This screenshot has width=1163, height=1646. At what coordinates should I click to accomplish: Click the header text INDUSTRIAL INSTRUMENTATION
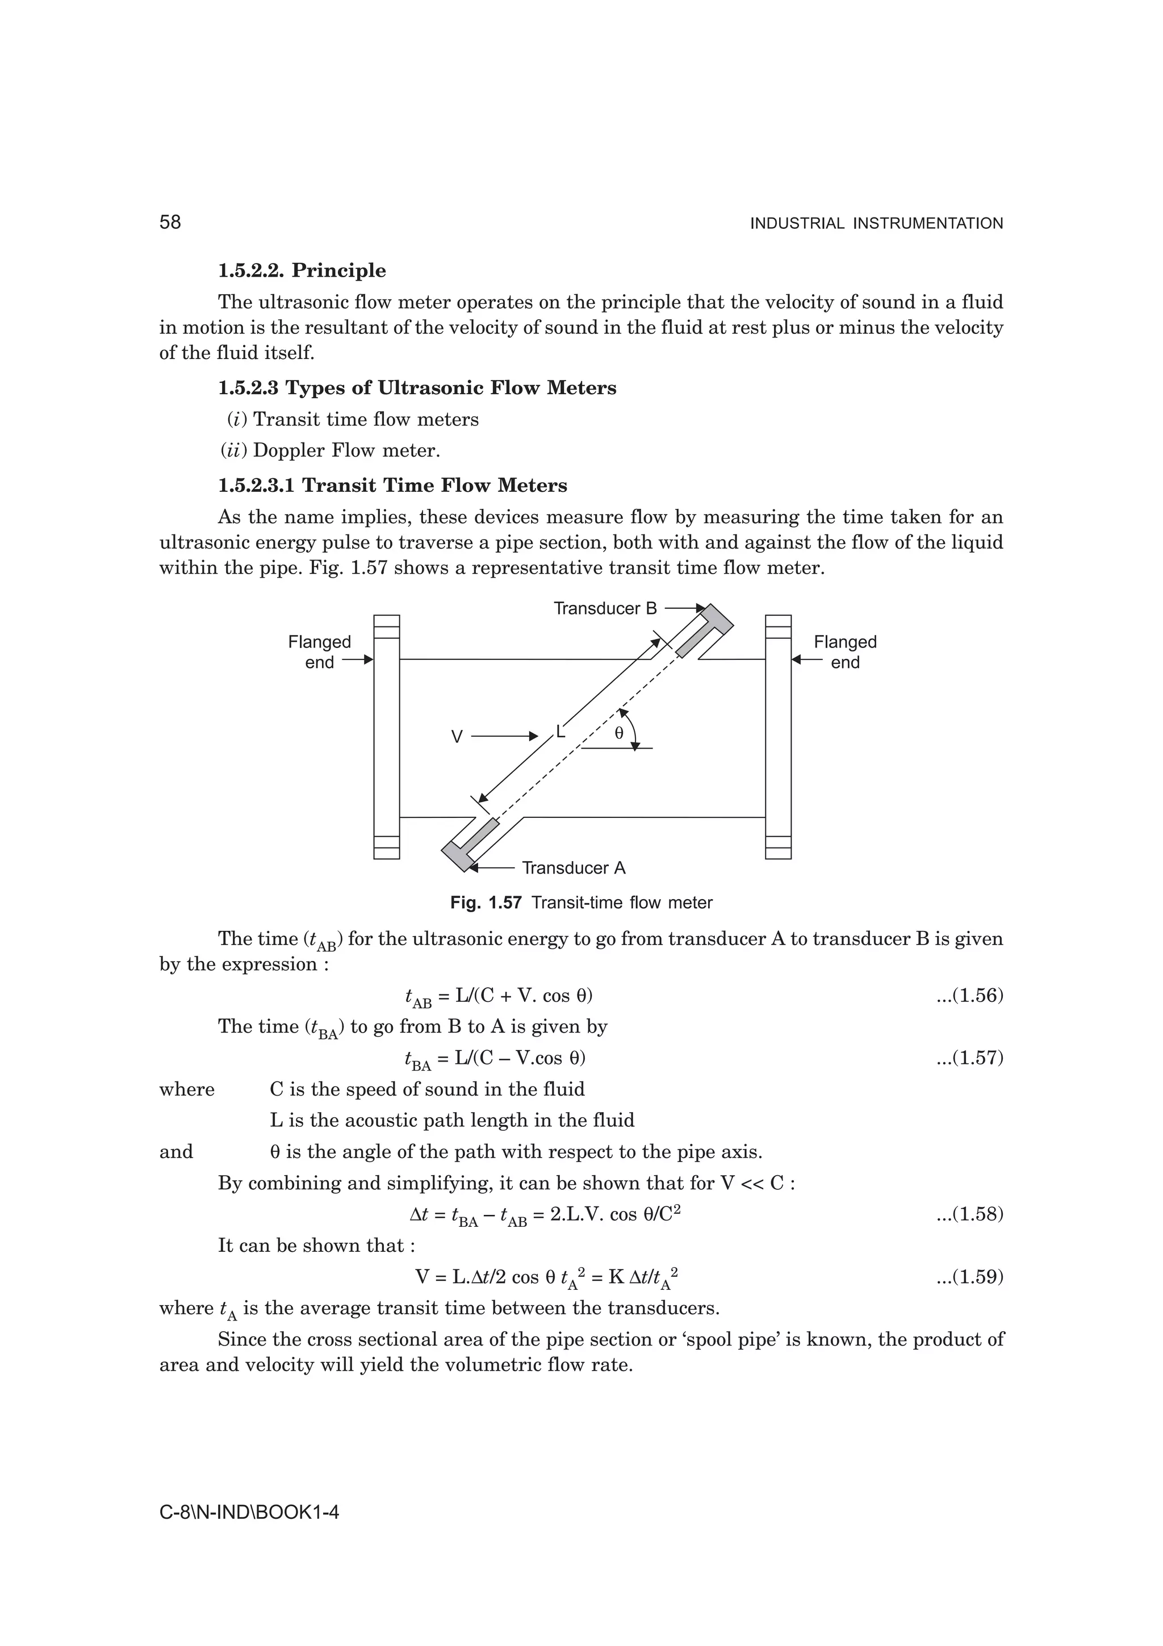coord(876,224)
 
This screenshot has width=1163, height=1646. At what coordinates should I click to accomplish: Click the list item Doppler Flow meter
coord(346,450)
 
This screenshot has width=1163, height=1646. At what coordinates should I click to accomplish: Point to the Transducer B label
coord(605,609)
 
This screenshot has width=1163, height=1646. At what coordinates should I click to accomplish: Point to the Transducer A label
coord(573,868)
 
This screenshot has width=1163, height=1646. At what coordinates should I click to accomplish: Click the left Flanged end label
coord(320,651)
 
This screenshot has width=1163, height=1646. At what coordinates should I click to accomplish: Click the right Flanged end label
coord(845,651)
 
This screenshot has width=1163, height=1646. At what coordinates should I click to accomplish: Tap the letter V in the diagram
coord(457,736)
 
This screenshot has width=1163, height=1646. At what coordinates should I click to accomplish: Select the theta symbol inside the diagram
coord(619,733)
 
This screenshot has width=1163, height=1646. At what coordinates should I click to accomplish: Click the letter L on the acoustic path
coord(560,731)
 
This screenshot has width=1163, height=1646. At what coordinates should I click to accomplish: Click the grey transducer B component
coord(706,631)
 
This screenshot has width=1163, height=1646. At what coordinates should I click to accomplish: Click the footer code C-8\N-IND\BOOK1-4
coord(249,1512)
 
